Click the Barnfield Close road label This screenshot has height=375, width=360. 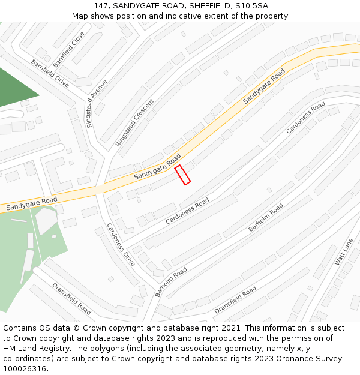(69, 49)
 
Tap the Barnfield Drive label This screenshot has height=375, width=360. (50, 73)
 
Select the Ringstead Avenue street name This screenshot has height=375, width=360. (97, 103)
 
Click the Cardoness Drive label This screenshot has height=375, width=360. (121, 245)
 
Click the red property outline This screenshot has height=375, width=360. (182, 175)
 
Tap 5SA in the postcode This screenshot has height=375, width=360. (259, 6)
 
